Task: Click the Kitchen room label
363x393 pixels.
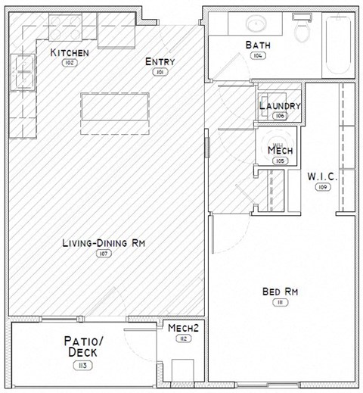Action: click(70, 52)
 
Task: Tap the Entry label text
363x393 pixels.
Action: click(160, 62)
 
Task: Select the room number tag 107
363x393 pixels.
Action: click(104, 254)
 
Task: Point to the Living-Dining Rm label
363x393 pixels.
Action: click(104, 243)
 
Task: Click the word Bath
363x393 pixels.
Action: click(257, 45)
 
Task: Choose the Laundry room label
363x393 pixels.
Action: click(280, 106)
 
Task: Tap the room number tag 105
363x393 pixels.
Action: click(280, 161)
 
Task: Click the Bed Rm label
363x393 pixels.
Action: click(278, 292)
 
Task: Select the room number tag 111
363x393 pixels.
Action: click(278, 302)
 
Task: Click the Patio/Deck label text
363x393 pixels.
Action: click(82, 347)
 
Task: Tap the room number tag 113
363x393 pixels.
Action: click(82, 366)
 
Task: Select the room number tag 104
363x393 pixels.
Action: click(257, 56)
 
